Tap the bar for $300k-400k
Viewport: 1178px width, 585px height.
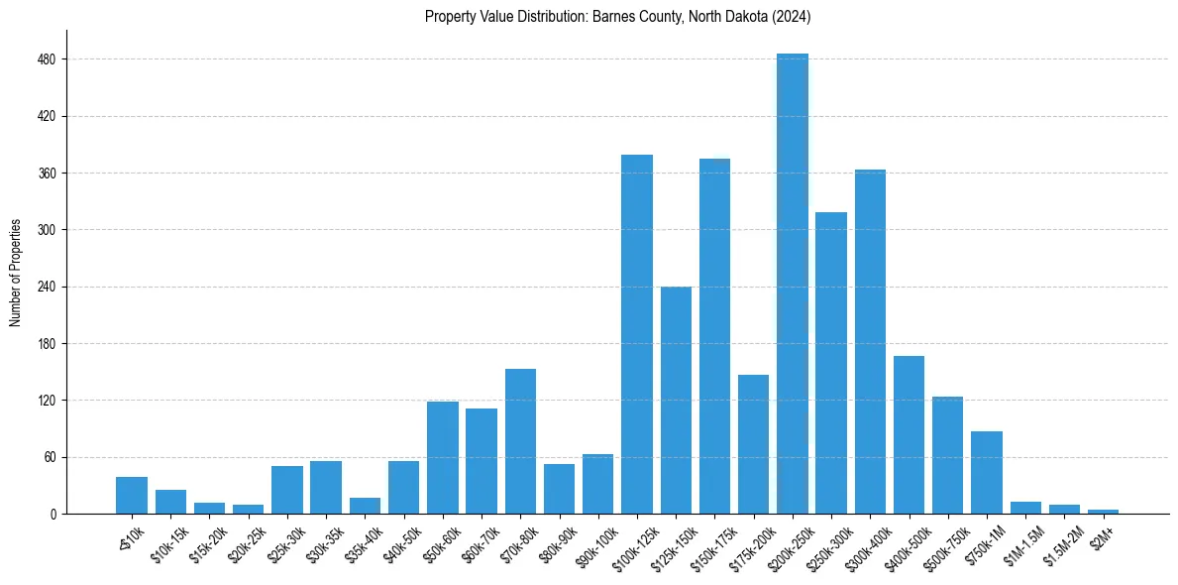(870, 341)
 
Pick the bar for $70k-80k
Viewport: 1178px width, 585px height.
(520, 441)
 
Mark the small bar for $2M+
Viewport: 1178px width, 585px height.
(1103, 512)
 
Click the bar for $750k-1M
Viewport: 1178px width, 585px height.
(987, 472)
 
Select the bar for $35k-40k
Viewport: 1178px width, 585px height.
(365, 506)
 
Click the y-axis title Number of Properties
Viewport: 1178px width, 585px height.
(15, 273)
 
